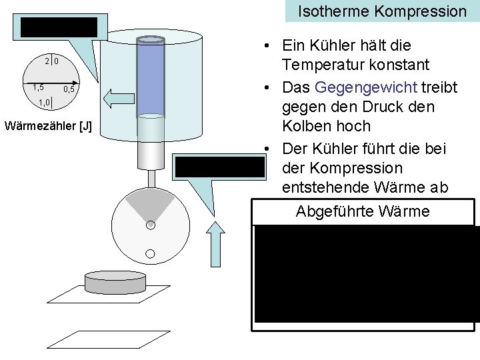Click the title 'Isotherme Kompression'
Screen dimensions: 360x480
(382, 11)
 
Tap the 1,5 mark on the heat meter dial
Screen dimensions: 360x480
(38, 87)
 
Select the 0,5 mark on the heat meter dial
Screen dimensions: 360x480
(69, 89)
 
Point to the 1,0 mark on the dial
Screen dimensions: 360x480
(45, 102)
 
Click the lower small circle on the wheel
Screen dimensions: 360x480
(151, 253)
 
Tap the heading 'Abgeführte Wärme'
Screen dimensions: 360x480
(363, 212)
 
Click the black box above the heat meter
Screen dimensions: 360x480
(59, 27)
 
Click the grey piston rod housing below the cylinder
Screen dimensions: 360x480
(151, 154)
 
